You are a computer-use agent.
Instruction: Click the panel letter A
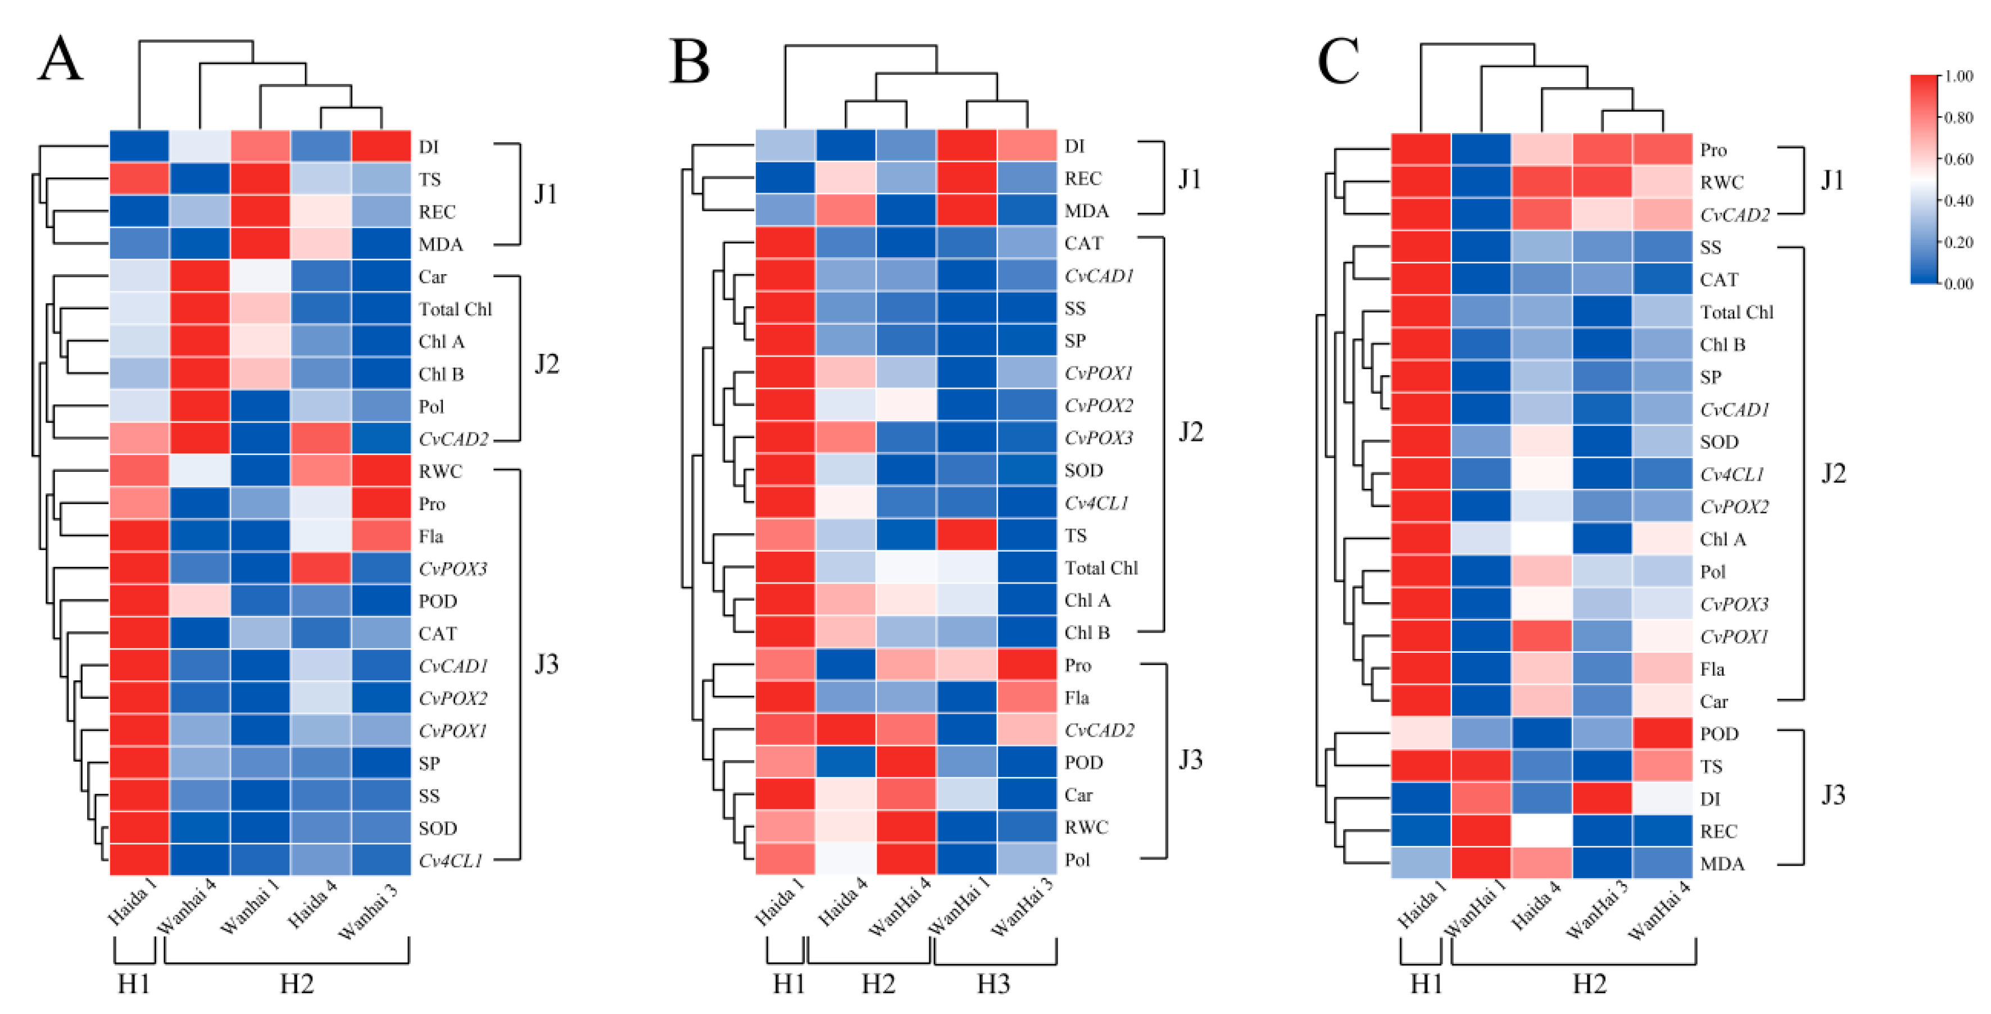point(60,60)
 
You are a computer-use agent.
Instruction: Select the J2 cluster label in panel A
point(546,364)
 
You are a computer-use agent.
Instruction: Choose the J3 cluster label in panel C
point(1833,795)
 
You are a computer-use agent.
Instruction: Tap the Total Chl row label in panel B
point(1101,568)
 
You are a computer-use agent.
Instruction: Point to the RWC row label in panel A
point(440,471)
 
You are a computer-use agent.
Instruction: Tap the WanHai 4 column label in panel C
point(1659,911)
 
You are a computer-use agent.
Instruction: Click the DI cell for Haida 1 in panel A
point(139,146)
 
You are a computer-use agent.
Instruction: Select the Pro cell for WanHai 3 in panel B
point(1027,665)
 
